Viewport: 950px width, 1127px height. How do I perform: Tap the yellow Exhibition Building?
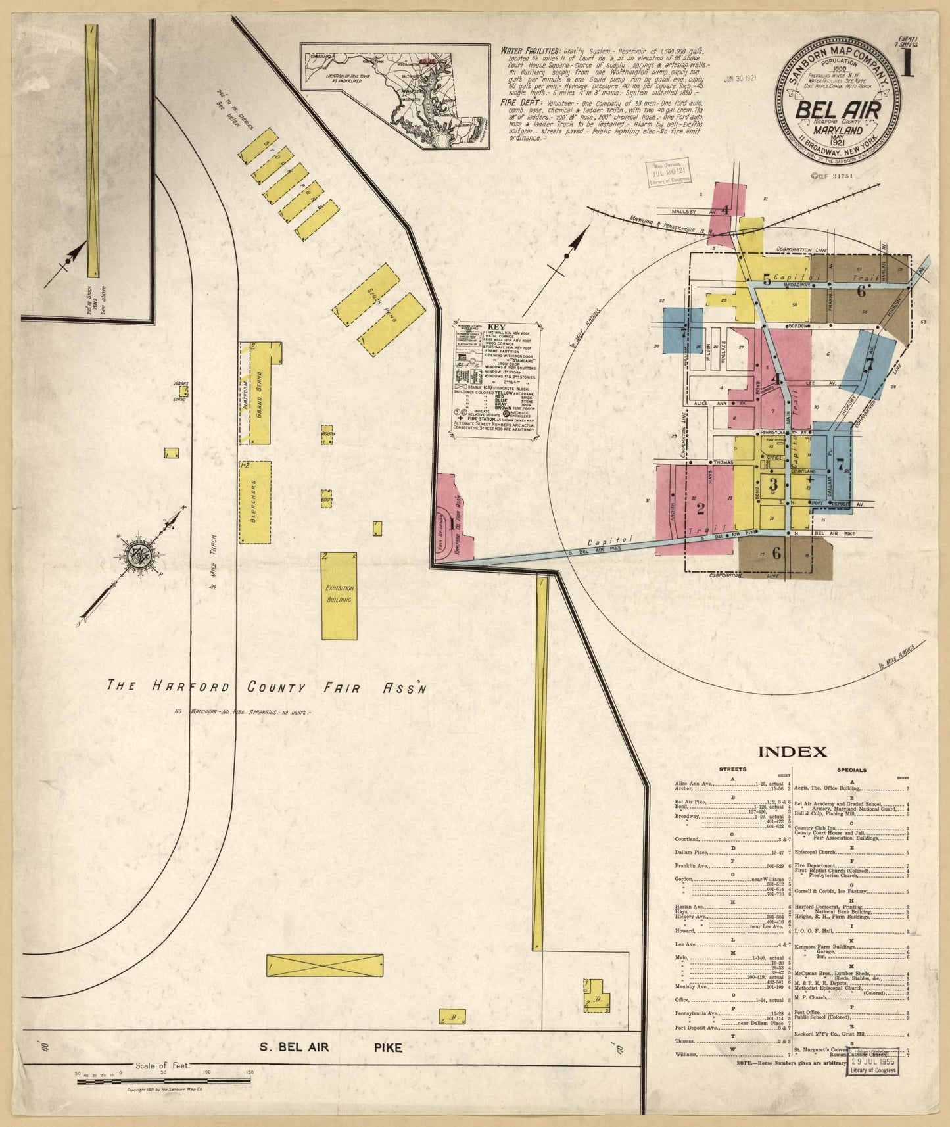pos(339,595)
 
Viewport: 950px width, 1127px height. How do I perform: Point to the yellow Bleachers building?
pos(254,502)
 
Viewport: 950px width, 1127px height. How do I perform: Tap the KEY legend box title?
pos(496,327)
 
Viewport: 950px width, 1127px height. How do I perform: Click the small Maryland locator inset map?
pos(395,96)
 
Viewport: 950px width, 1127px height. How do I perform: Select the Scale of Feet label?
pos(161,1066)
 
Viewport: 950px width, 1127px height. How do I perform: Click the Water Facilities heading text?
pos(530,51)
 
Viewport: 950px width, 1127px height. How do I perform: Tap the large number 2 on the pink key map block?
pos(700,508)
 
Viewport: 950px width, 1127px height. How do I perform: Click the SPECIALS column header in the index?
pos(852,769)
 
